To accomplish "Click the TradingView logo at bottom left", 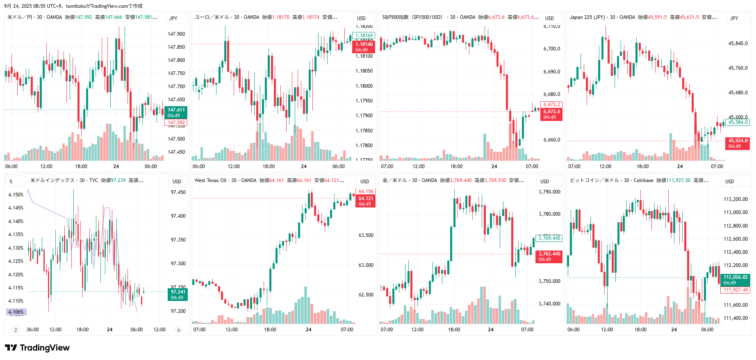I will (x=37, y=348).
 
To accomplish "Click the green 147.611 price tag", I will (x=176, y=112).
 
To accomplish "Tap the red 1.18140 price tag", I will (x=364, y=47).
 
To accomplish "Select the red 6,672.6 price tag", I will (x=551, y=114).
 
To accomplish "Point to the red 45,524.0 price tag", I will (x=738, y=143).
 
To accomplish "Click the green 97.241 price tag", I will (x=178, y=294).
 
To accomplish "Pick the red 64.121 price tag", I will (x=366, y=201).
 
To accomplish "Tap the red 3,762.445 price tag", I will (x=549, y=256).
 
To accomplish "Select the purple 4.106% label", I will (x=16, y=312).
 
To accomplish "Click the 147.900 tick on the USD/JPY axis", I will (x=176, y=34).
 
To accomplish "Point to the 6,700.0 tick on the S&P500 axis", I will (x=551, y=49).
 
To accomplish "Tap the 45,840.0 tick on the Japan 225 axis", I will (x=738, y=43).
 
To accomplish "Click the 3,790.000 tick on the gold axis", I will (x=549, y=192).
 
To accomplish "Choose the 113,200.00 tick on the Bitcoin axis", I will (x=736, y=199).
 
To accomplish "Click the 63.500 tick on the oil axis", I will (x=366, y=235).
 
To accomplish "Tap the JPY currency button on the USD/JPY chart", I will (x=173, y=18).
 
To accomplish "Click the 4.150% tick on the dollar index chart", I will (x=16, y=195).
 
